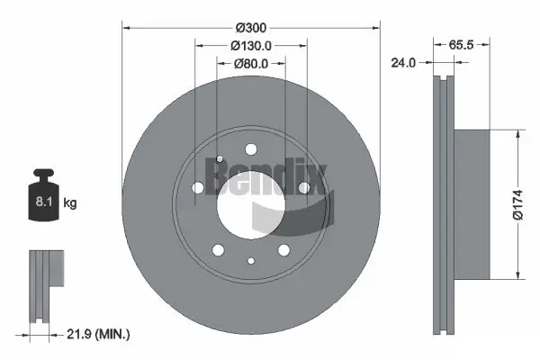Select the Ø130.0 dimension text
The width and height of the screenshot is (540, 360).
pyautogui.click(x=251, y=46)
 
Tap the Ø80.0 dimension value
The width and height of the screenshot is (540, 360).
pyautogui.click(x=251, y=64)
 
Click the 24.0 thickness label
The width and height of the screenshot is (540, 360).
pyautogui.click(x=405, y=64)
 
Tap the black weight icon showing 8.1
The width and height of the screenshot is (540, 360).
pyautogui.click(x=43, y=202)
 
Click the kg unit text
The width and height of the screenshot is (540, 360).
pyautogui.click(x=70, y=204)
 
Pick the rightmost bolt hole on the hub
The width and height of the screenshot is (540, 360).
pyautogui.click(x=304, y=187)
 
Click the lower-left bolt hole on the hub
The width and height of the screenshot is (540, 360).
pyautogui.click(x=217, y=250)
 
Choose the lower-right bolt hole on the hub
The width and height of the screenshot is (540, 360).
pyautogui.click(x=283, y=250)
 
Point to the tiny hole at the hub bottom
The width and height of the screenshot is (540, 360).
pyautogui.click(x=250, y=261)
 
